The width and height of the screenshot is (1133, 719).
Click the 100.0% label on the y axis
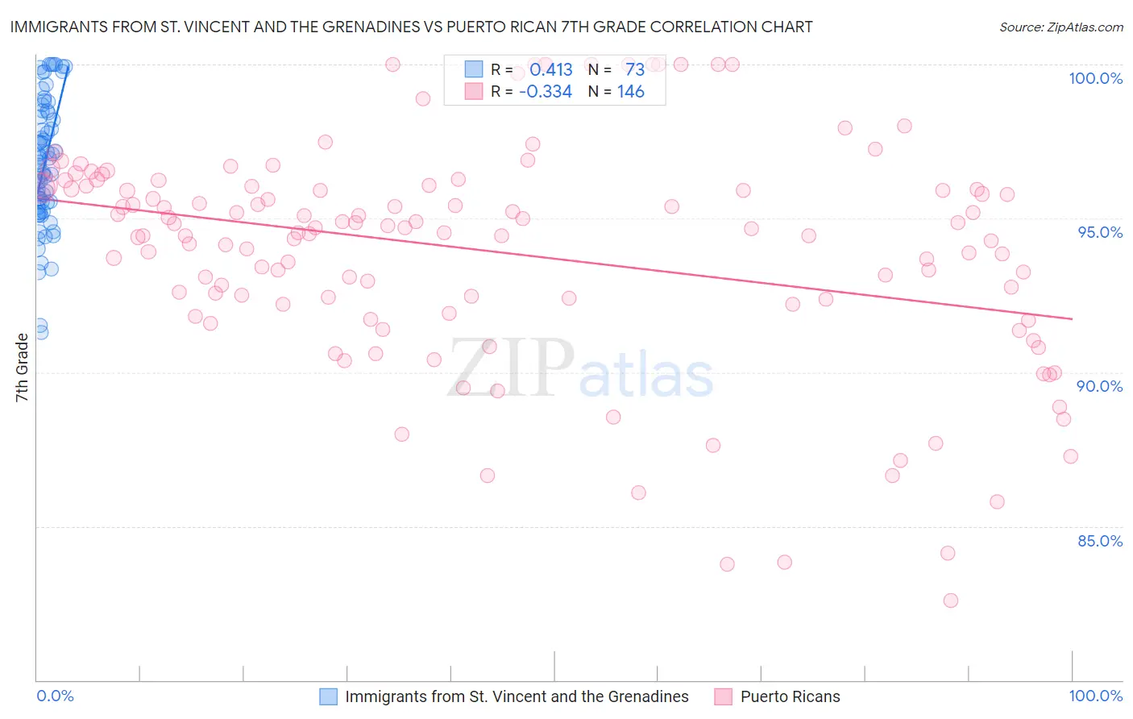point(1095,78)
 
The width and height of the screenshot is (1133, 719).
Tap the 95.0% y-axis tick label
point(1100,232)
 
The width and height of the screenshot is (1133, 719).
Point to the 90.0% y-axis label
point(1099,386)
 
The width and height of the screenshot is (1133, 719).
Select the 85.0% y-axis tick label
point(1100,541)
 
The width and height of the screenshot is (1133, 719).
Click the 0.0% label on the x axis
point(55,696)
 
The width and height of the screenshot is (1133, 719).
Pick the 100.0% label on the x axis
point(1095,696)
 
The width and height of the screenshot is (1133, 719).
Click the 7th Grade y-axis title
point(22,368)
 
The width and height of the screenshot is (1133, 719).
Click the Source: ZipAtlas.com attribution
point(1060,27)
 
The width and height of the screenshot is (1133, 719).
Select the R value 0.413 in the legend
point(550,69)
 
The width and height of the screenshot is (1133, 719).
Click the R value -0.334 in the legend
point(546,92)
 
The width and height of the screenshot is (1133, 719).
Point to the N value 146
point(630,92)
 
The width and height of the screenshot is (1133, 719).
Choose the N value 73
point(634,69)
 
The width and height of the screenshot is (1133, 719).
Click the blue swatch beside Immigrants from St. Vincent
point(329,696)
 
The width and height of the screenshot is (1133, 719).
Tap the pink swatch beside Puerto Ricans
point(723,696)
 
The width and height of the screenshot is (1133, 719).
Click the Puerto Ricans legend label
point(790,696)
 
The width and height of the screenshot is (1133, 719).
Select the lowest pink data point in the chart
point(950,601)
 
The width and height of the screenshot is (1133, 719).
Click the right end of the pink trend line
point(1072,319)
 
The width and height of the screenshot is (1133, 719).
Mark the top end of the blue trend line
point(68,67)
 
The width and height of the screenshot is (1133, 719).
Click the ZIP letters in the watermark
point(511,369)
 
